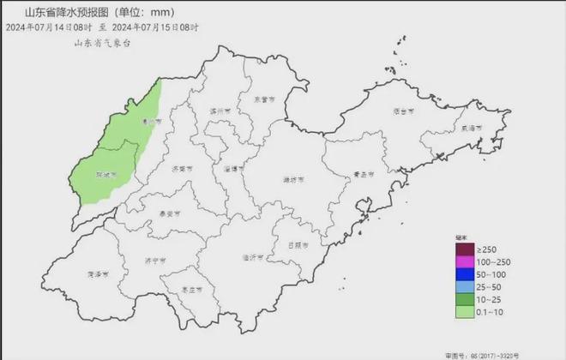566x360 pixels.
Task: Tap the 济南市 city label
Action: [x=180, y=169]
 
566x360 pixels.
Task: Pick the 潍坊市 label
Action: [x=292, y=179]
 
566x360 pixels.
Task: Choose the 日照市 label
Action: [x=302, y=244]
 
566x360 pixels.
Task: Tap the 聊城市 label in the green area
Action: [x=105, y=174]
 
